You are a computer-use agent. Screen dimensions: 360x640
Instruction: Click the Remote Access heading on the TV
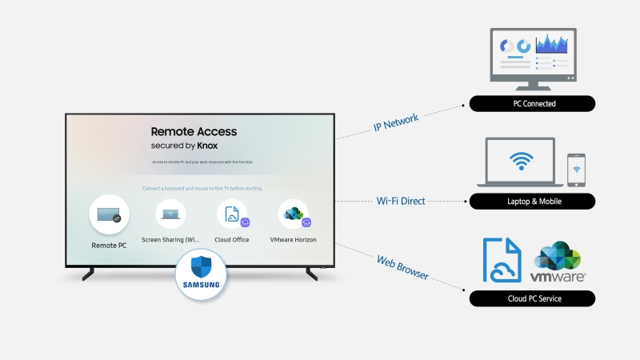[194, 131]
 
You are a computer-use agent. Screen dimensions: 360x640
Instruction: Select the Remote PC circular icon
[109, 214]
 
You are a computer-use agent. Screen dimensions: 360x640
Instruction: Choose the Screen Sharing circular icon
[170, 214]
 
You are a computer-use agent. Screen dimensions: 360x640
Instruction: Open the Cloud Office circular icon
[231, 214]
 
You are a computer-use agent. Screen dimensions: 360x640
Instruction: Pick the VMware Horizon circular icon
[293, 214]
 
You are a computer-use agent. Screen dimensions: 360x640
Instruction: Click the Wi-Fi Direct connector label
[401, 201]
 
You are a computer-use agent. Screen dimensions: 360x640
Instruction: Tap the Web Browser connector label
[402, 266]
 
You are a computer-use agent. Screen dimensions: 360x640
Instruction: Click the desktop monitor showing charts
[533, 55]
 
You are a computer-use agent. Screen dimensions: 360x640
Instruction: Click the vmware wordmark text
[558, 276]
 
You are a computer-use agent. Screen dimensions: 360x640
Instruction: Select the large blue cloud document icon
[502, 258]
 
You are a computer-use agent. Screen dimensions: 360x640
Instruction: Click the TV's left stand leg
[88, 274]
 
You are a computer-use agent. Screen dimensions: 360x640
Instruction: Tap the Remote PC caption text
[109, 246]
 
